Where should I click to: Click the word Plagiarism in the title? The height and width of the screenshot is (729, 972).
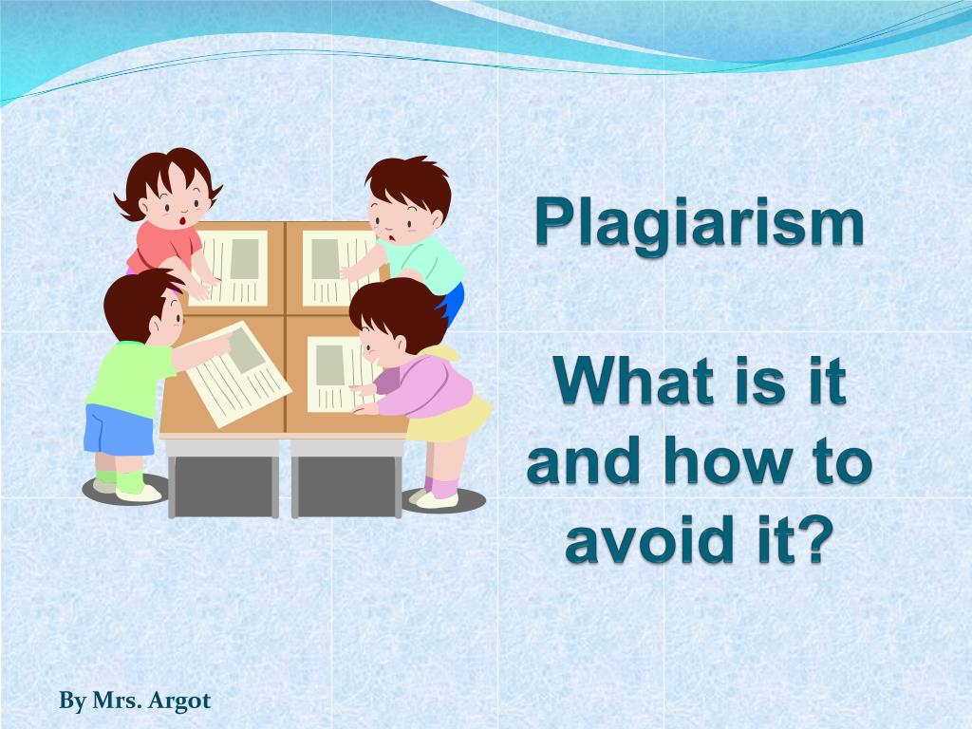(x=700, y=224)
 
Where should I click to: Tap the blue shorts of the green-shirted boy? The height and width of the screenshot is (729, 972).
(x=119, y=430)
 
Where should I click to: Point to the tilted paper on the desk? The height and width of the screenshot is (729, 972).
(x=238, y=374)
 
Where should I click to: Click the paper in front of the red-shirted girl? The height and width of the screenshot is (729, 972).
(x=234, y=268)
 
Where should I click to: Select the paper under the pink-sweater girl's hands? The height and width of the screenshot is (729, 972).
(x=341, y=374)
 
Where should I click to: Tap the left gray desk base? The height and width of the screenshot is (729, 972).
(x=223, y=487)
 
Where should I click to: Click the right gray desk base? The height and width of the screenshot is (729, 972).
(x=346, y=487)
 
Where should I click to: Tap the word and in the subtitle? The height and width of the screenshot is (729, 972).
(x=583, y=460)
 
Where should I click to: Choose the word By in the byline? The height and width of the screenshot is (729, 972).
(x=72, y=701)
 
